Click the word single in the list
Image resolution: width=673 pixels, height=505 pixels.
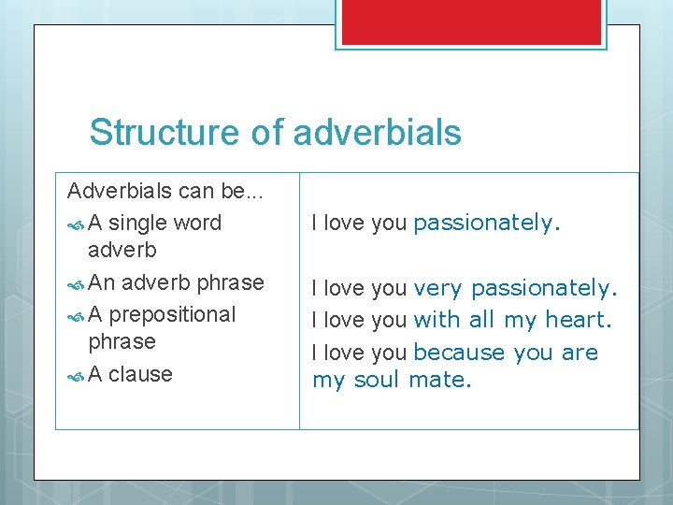[x=139, y=223]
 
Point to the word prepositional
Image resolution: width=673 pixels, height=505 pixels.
[x=172, y=314]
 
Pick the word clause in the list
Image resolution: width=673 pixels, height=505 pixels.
[x=140, y=374]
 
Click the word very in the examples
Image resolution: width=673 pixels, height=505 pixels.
[x=437, y=288]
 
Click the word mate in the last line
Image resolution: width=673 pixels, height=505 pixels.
[x=439, y=380]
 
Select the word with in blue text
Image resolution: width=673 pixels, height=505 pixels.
[x=437, y=320]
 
